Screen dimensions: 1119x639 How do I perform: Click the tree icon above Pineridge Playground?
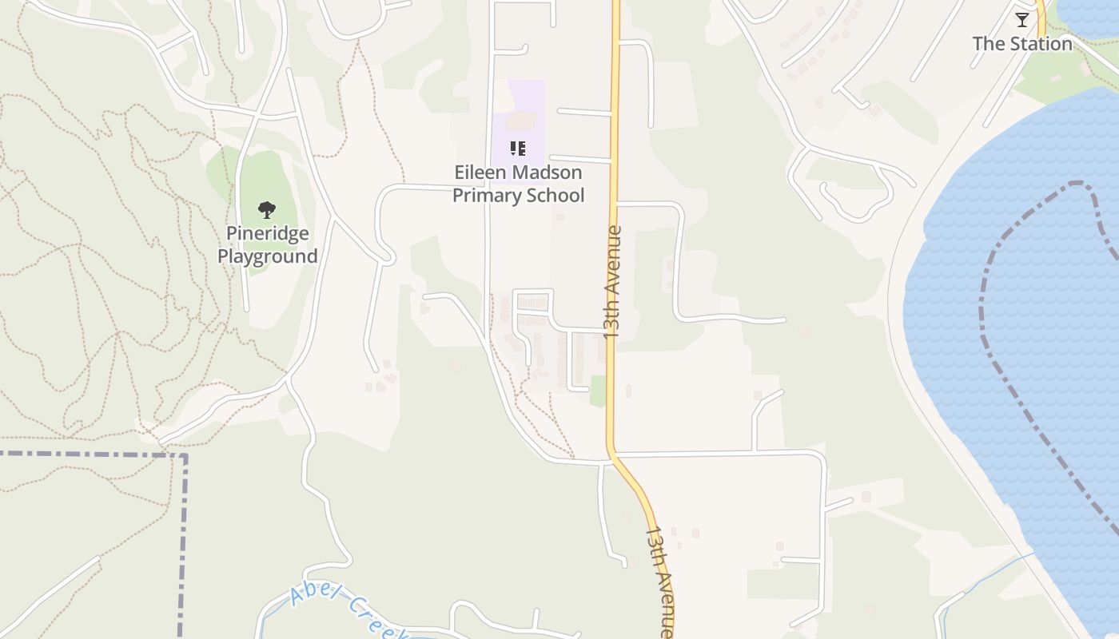tap(267, 210)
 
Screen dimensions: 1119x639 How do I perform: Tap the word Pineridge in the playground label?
tap(267, 233)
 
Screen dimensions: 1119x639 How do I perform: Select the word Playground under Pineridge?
tap(267, 256)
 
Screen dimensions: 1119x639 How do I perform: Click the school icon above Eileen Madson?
tap(518, 149)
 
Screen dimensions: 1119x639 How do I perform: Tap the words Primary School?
tap(518, 196)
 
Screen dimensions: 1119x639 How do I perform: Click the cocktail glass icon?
tap(1022, 20)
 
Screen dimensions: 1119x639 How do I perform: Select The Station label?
tap(1022, 44)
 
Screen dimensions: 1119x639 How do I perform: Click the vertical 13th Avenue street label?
tap(612, 282)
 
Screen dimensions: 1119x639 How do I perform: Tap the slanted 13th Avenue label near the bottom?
tap(659, 579)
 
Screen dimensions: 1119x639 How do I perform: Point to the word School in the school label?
tap(553, 196)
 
